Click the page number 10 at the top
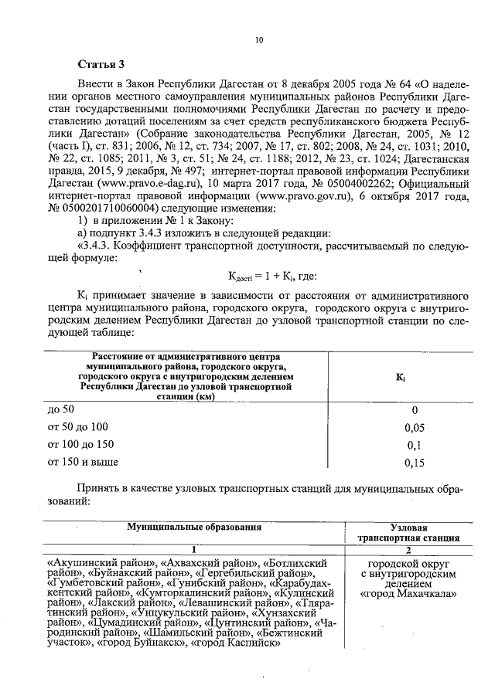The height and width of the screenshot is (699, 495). point(260,41)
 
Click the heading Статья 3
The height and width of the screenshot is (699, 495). point(102,63)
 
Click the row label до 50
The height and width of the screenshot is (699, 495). point(61,409)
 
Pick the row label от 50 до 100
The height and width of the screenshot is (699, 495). point(78,426)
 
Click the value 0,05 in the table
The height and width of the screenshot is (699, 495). point(415,427)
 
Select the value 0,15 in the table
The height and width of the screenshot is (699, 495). point(415,463)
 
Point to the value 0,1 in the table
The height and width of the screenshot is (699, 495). point(415,445)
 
